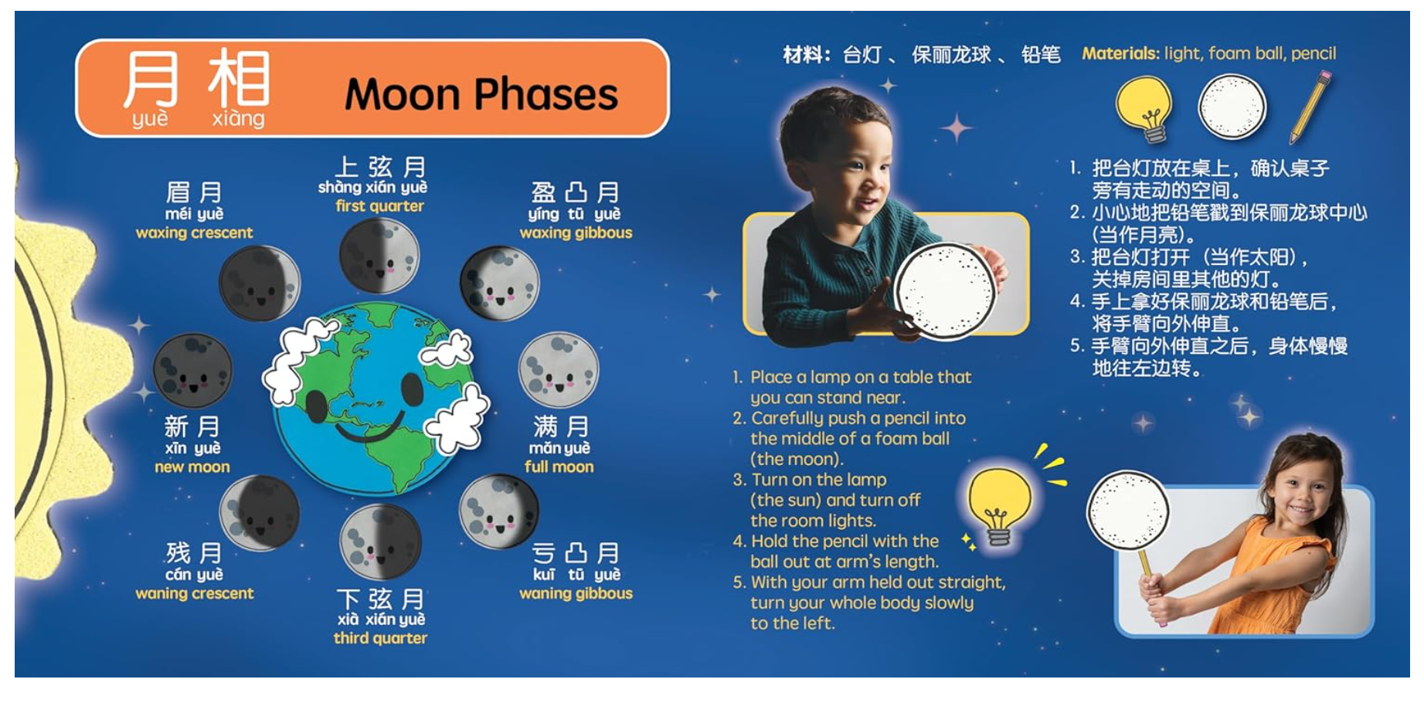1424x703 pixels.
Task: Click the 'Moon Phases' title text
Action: pyautogui.click(x=481, y=94)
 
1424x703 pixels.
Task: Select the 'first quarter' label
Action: pyautogui.click(x=379, y=206)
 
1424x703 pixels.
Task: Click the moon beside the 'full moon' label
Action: pyautogui.click(x=558, y=369)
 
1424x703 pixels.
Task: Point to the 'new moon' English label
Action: pyautogui.click(x=192, y=467)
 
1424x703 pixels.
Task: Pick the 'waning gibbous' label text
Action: pyautogui.click(x=576, y=593)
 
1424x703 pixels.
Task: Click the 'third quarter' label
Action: pyautogui.click(x=379, y=638)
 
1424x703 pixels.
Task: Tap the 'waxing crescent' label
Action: pyautogui.click(x=194, y=233)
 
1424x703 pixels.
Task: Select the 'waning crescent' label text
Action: pyautogui.click(x=194, y=593)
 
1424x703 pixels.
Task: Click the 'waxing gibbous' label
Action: pyautogui.click(x=576, y=233)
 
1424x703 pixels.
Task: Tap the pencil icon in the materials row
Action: pyautogui.click(x=1310, y=107)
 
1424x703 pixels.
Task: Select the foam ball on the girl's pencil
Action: pyautogui.click(x=1127, y=510)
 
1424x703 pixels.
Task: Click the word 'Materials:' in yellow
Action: pyautogui.click(x=1120, y=53)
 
